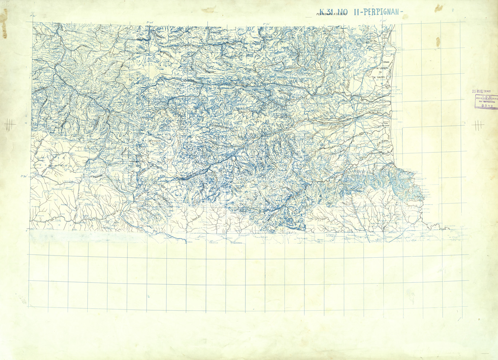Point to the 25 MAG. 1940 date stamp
(x=481, y=92)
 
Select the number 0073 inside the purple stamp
(x=486, y=106)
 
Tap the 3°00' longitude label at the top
(x=382, y=21)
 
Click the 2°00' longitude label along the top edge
(x=149, y=22)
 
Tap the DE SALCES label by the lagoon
(x=378, y=77)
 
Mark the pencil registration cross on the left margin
(x=9, y=125)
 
